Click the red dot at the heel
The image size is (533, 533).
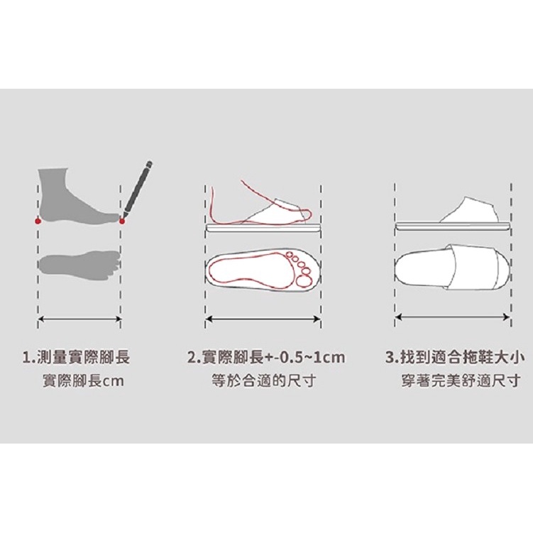[38, 221]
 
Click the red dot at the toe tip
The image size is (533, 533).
[121, 221]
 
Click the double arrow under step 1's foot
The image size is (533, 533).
[79, 319]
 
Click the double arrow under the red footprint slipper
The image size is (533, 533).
[263, 319]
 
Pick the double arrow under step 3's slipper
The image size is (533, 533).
[453, 317]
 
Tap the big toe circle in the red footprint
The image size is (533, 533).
[303, 281]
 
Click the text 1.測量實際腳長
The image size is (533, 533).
[76, 358]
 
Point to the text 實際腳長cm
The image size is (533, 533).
[83, 381]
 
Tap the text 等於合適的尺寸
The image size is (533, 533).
[264, 380]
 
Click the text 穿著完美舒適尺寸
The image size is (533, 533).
[461, 381]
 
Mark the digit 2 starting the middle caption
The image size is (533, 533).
[192, 358]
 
